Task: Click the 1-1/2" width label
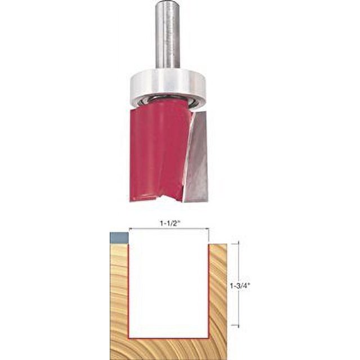click(169, 223)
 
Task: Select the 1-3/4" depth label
click(240, 285)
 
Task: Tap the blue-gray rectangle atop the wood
click(119, 238)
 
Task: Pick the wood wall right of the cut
click(218, 291)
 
